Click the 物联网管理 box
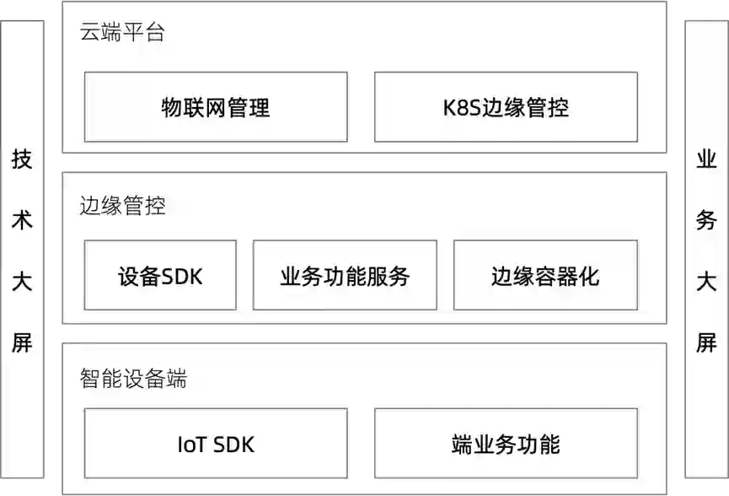216,107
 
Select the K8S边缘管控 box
506,107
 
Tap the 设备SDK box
160,276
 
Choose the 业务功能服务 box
345,276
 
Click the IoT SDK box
216,444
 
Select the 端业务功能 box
506,444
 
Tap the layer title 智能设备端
133,379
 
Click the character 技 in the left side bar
22,159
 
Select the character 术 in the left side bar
22,220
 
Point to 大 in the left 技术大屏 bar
22,281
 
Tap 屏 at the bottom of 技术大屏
22,342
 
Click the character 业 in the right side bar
706,159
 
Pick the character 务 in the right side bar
706,220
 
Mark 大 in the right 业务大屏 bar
706,281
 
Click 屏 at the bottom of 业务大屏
706,342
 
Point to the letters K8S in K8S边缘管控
462,108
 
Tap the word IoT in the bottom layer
191,445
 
